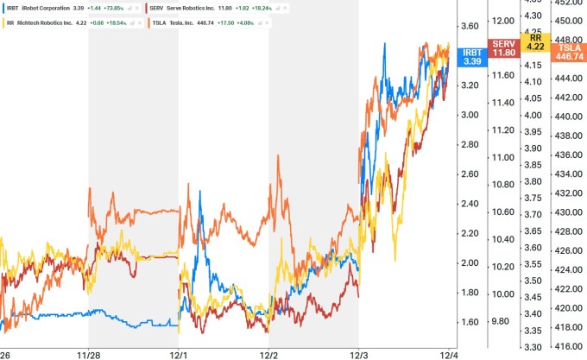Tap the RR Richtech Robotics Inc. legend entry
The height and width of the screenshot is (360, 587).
[x=43, y=23]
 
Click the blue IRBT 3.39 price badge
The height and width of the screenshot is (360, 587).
[x=471, y=57]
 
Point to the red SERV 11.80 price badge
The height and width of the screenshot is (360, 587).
[x=502, y=47]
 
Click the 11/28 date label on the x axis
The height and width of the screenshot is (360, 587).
[x=90, y=353]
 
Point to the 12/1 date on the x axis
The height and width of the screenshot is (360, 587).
[x=179, y=353]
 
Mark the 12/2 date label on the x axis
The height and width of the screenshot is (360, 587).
[x=268, y=353]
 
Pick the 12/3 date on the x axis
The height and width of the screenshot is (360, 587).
[x=358, y=353]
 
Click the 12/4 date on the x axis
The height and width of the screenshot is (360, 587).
[x=448, y=353]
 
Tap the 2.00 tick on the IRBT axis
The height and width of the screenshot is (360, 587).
[x=471, y=263]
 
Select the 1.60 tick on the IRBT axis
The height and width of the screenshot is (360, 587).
[x=471, y=322]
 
